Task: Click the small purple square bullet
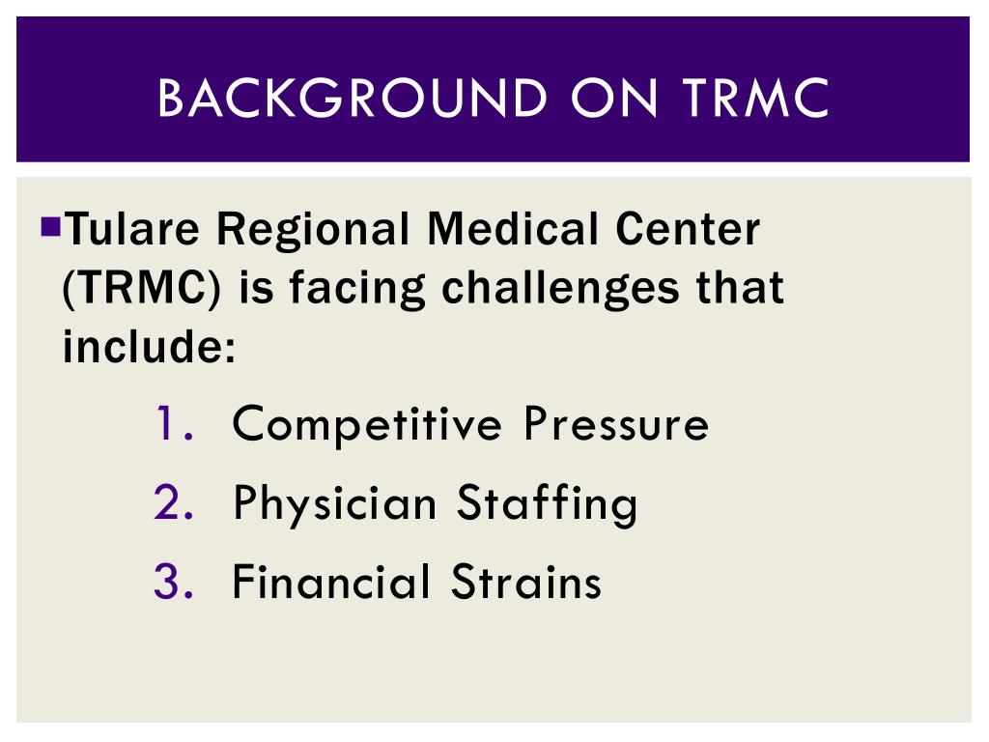(51, 229)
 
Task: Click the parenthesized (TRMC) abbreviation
(140, 289)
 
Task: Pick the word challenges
(559, 289)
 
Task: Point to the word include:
(150, 346)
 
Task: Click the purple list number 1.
(174, 424)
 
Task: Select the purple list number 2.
(174, 502)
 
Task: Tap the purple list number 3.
(174, 582)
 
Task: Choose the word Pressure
(616, 424)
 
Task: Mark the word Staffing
(547, 504)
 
